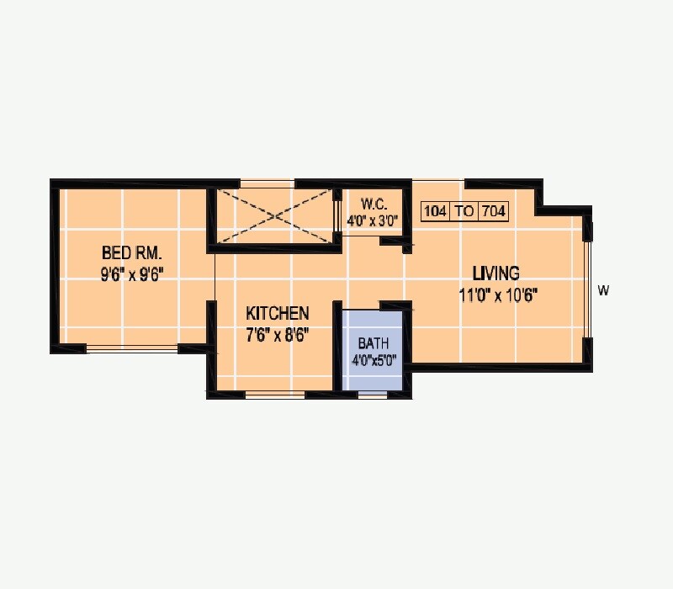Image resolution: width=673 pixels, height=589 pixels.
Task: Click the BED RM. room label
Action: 132,252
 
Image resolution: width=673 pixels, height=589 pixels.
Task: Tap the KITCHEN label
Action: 278,313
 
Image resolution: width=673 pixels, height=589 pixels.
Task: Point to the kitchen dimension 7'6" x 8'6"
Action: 278,333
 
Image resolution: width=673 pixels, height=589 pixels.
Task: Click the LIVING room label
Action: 495,273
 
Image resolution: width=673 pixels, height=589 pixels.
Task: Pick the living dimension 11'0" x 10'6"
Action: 498,294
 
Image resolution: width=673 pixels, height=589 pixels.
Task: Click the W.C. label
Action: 373,204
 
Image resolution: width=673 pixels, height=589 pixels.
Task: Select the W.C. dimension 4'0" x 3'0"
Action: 372,221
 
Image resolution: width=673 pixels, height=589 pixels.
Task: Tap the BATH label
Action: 373,343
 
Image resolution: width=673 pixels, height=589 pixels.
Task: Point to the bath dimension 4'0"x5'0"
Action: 373,362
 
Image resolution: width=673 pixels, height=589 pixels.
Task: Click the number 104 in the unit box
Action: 435,211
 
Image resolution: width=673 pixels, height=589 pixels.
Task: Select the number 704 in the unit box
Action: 493,211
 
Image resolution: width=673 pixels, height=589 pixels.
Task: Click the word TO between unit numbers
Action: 464,211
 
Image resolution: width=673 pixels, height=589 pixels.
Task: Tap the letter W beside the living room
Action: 603,291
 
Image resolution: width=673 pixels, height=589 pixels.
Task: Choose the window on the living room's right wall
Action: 588,287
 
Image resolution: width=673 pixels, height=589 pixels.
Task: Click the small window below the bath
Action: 373,393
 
